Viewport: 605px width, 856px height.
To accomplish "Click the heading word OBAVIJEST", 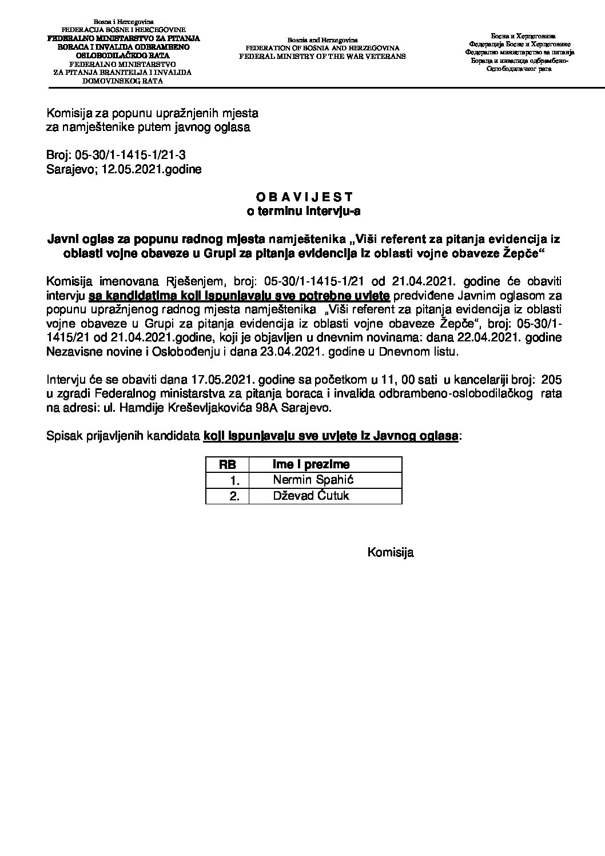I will click(303, 197).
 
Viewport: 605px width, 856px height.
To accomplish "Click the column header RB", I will click(228, 464).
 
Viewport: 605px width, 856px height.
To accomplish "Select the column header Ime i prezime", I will click(311, 464).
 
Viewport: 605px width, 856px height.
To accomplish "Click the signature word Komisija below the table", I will click(391, 552).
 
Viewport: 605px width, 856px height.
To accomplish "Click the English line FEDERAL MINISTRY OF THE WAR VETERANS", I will click(322, 57).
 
